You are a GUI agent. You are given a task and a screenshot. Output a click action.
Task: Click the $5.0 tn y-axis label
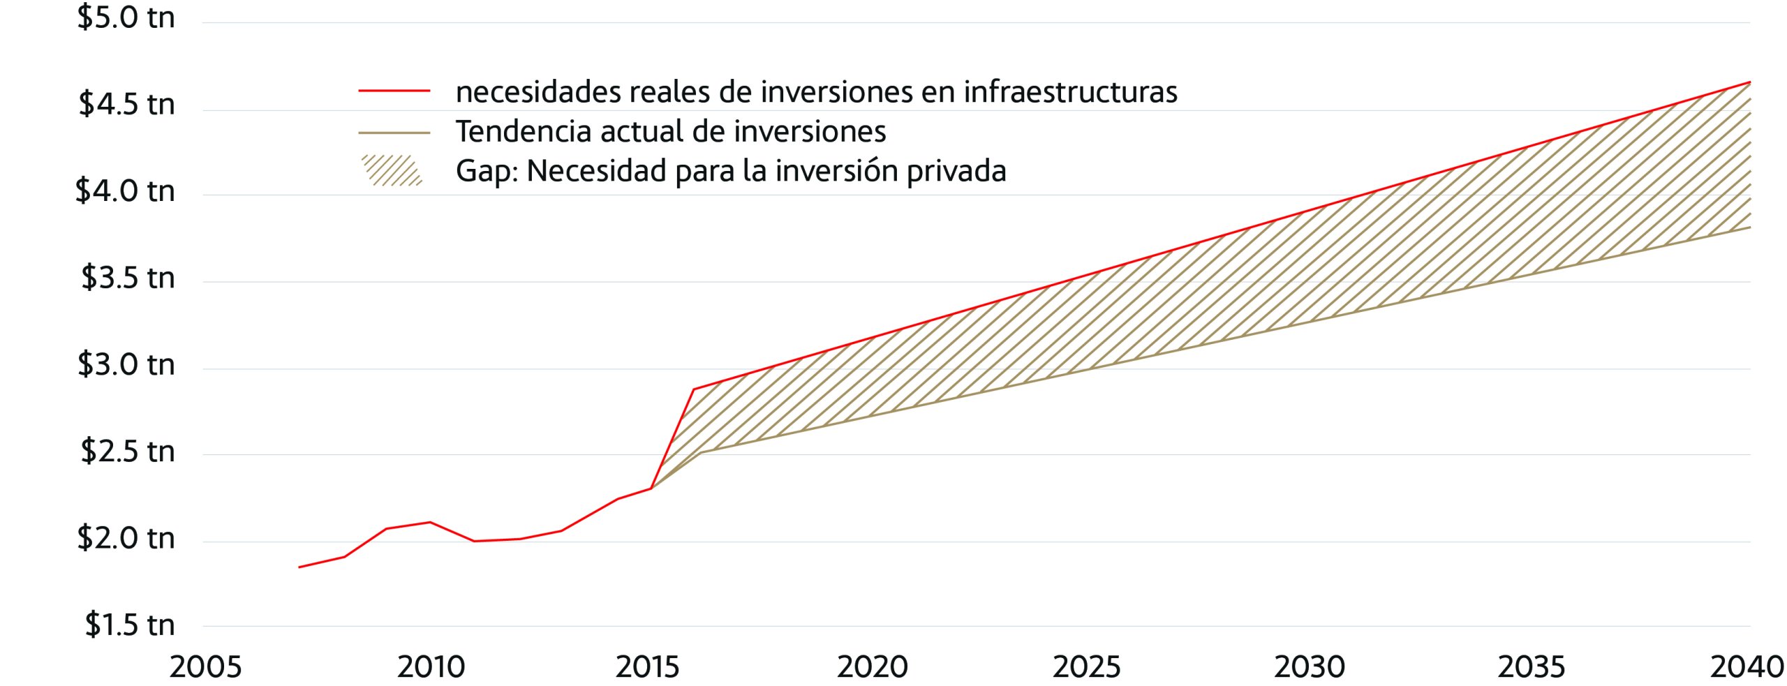pos(126,17)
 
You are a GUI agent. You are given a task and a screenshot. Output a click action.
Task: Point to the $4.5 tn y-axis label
pos(126,104)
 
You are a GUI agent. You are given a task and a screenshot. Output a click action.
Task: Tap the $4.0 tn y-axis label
pos(125,191)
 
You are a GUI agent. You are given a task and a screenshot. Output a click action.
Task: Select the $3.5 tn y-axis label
pos(128,278)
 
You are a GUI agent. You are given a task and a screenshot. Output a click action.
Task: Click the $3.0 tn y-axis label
pos(126,364)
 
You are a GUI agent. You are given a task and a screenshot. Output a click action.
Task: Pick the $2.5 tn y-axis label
pos(127,452)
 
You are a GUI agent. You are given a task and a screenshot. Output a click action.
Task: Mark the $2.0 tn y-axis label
pos(126,538)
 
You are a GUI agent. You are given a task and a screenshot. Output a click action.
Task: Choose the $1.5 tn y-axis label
pos(129,625)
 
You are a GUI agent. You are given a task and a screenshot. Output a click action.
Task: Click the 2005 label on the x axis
pos(205,667)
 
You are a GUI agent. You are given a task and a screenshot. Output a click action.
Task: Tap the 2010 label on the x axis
pos(431,667)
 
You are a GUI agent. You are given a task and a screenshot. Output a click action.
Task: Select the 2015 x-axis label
pos(647,667)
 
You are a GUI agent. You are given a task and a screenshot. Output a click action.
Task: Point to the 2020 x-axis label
pos(873,667)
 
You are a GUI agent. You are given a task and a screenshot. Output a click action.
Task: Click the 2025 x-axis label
pos(1086,667)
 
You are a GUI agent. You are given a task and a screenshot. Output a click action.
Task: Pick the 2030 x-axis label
pos(1310,667)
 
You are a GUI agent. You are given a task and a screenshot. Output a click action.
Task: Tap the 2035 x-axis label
pos(1532,667)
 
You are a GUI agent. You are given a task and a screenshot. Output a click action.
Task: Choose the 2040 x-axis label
pos(1747,667)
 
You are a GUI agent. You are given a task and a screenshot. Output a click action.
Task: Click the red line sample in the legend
pos(394,91)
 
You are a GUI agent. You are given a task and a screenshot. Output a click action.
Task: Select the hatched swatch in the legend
pos(392,170)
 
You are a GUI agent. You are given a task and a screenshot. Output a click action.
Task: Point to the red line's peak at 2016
pos(693,389)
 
